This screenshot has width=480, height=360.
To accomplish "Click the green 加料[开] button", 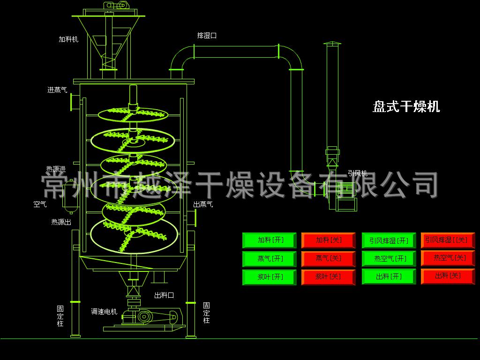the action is click(270, 240).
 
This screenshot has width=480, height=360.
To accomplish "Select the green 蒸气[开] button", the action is click(270, 259).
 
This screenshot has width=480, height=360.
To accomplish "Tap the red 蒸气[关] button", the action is click(329, 259).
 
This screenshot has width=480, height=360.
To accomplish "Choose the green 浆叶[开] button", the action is click(270, 277).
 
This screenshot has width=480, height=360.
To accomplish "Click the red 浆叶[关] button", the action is click(329, 277).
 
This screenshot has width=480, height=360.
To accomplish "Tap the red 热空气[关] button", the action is click(448, 258).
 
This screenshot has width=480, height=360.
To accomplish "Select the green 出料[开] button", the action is click(389, 277).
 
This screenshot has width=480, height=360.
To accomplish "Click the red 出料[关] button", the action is click(448, 277).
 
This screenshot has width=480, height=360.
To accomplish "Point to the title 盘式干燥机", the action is click(406, 107).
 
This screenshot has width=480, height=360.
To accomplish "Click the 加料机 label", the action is click(68, 39).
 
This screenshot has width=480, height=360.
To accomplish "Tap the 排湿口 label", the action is click(207, 36).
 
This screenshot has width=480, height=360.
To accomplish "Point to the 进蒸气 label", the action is click(57, 90).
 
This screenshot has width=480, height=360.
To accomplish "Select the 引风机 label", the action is click(358, 173).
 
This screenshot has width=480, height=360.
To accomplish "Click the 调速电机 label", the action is click(104, 312).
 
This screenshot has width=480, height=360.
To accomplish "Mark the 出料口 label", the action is click(164, 295).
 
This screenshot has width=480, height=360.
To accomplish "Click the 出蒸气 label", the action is click(203, 204).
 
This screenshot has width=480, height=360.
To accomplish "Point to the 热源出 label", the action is click(61, 222).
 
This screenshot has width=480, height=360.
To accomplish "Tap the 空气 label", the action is click(40, 204).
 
